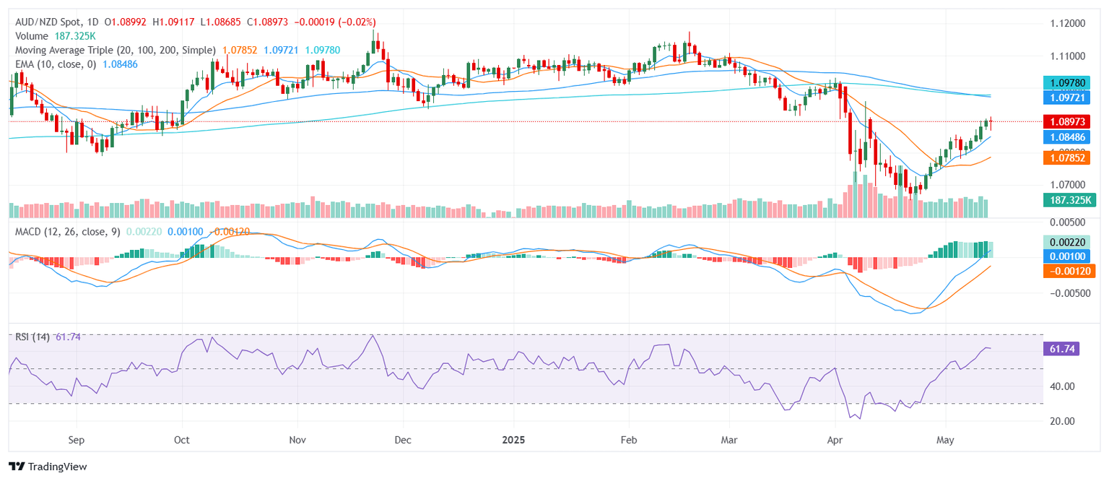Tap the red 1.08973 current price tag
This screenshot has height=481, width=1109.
(x=1069, y=121)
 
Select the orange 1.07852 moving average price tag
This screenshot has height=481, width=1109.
(x=1069, y=157)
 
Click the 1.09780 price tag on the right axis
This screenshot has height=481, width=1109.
(x=1069, y=83)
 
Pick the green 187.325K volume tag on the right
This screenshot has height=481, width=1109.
(x=1069, y=200)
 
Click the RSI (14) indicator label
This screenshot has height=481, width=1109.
(x=32, y=337)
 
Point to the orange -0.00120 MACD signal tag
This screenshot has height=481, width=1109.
(x=1069, y=271)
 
